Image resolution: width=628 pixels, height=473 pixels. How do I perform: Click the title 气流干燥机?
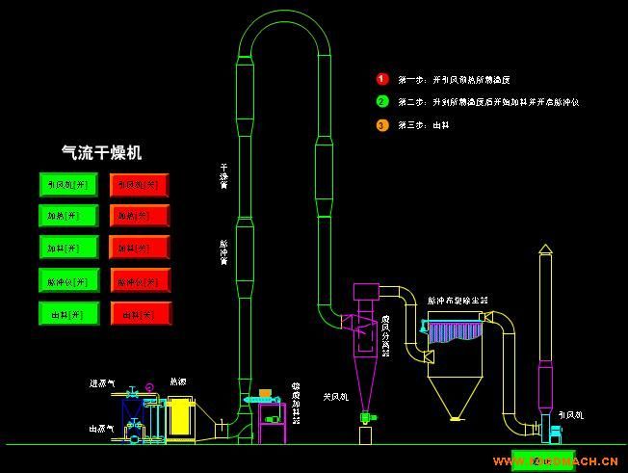(x=101, y=152)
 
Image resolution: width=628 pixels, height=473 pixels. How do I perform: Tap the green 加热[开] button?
(x=68, y=216)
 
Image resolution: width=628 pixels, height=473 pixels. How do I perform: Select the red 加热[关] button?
(x=140, y=217)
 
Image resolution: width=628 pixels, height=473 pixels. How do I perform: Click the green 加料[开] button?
(x=68, y=248)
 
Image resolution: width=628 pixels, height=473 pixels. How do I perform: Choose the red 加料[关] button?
(x=140, y=249)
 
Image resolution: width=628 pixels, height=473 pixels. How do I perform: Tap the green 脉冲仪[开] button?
(x=68, y=280)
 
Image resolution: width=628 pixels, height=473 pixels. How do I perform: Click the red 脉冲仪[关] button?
(x=140, y=281)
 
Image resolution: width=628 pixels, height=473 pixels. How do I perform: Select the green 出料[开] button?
(x=68, y=313)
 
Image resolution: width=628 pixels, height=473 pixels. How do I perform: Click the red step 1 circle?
(x=381, y=79)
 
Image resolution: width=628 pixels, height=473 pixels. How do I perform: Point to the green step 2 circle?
(x=381, y=101)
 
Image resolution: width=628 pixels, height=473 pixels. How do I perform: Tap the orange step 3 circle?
(x=381, y=124)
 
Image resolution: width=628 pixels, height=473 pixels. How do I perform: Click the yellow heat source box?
(x=181, y=418)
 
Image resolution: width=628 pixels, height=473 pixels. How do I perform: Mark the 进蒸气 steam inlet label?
(x=101, y=384)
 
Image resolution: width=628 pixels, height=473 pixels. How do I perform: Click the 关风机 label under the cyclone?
(x=335, y=396)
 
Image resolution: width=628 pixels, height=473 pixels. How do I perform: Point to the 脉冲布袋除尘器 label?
(x=457, y=301)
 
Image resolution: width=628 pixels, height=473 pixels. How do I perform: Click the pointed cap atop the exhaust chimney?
(x=545, y=249)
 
